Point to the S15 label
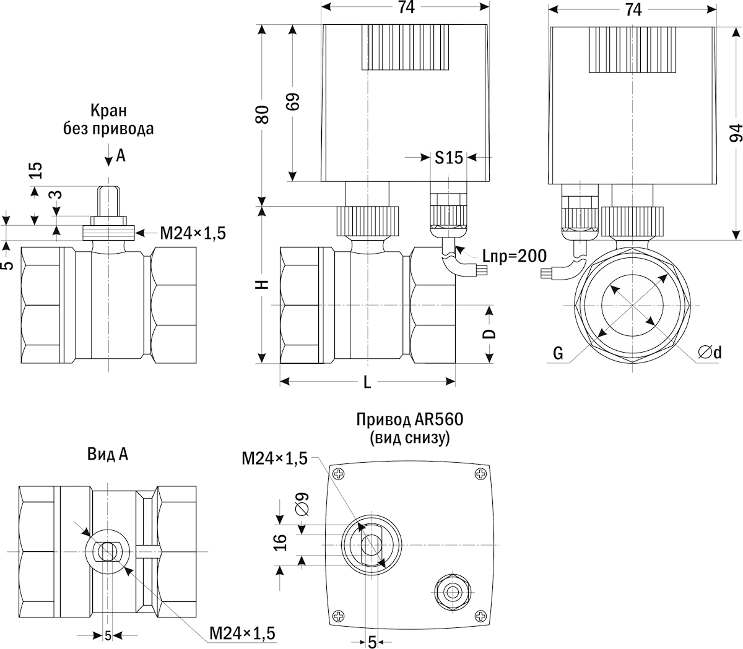point(448,158)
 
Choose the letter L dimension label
point(367,383)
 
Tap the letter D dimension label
point(489,333)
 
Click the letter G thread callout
point(558,353)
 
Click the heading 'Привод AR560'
point(409,420)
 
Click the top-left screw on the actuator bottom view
point(338,474)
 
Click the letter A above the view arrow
point(121,156)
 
